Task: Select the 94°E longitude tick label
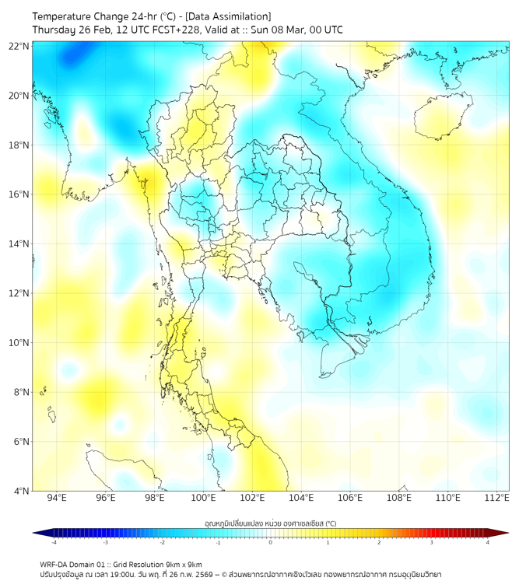57,498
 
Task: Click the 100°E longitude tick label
204,498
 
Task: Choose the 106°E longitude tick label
351,498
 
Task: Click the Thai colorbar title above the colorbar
270,523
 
